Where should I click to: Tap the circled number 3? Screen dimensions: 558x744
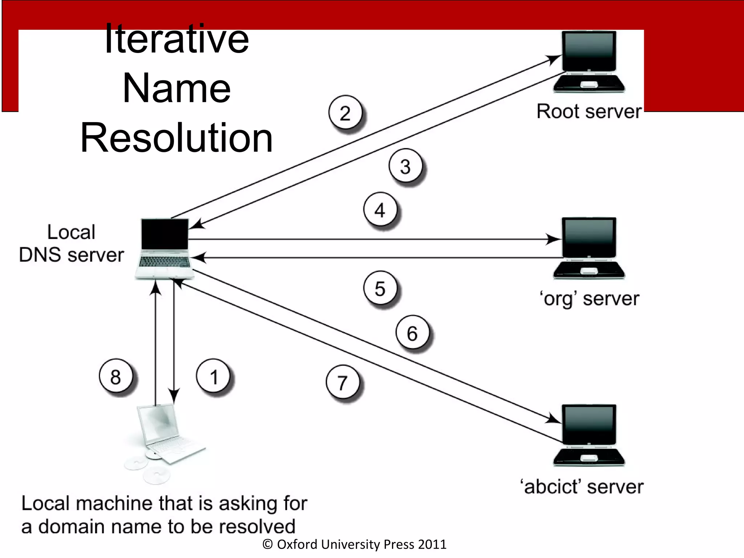click(405, 166)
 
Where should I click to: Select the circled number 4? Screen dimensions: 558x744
click(380, 210)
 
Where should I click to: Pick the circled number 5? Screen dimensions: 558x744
click(380, 289)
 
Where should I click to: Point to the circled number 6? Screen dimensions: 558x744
click(412, 333)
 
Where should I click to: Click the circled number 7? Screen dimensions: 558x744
click(343, 383)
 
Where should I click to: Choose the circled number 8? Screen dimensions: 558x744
click(116, 377)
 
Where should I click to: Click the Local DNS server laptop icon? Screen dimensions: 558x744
click(165, 248)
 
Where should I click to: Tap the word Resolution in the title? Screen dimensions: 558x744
click(177, 138)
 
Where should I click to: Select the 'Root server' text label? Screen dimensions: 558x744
click(589, 111)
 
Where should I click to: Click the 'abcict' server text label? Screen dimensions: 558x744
click(583, 487)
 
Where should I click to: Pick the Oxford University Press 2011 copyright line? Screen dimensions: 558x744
click(354, 544)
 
